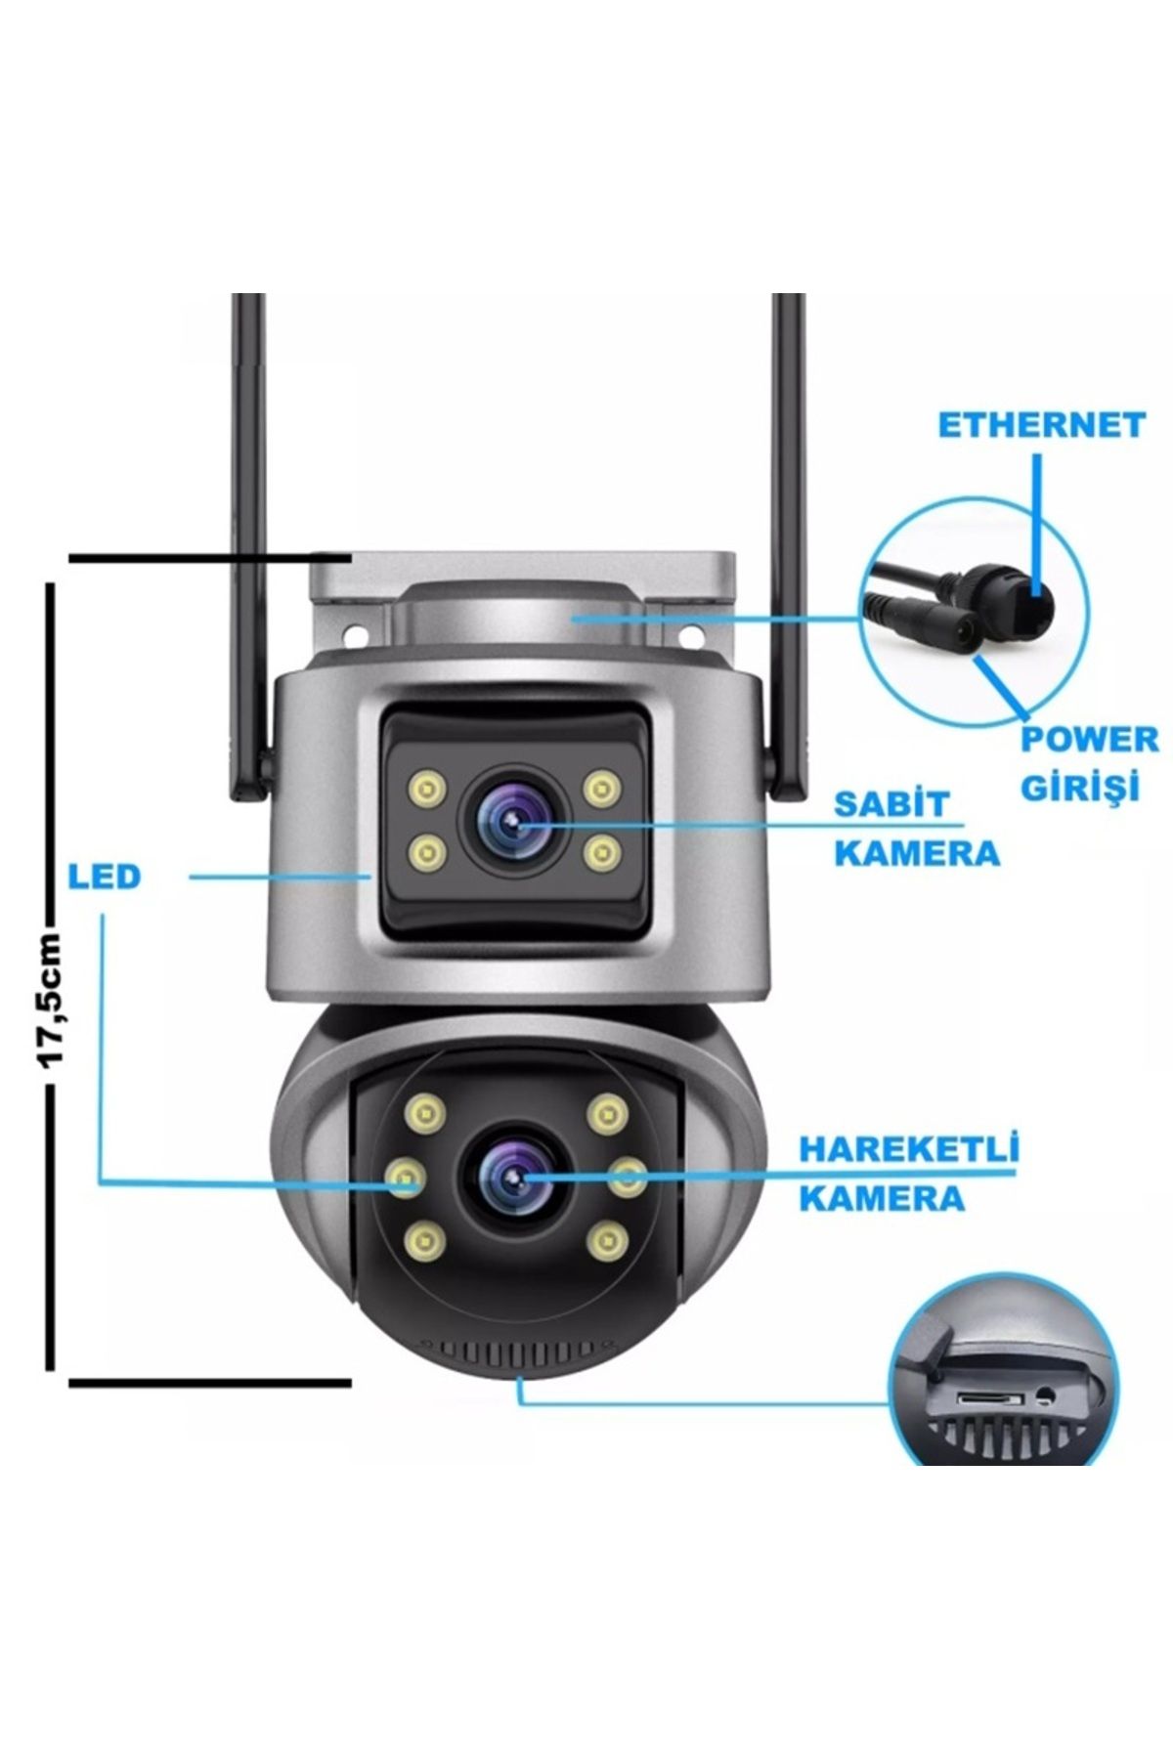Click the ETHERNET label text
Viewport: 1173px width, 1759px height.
click(1041, 425)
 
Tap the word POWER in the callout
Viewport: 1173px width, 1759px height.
click(1090, 739)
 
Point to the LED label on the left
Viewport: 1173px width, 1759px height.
click(105, 877)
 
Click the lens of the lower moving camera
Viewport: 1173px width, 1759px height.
click(514, 1178)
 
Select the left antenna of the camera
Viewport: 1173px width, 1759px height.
click(249, 547)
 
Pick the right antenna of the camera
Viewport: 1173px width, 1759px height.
click(788, 547)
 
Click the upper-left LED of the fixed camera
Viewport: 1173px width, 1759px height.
click(427, 787)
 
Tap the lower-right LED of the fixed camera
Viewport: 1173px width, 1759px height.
click(601, 853)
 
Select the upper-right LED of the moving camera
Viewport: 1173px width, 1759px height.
click(607, 1113)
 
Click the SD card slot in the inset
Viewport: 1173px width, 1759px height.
click(989, 1400)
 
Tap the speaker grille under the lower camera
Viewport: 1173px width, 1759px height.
click(520, 1351)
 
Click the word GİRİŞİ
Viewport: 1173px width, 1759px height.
click(1080, 786)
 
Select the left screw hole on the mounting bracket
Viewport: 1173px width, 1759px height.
click(355, 634)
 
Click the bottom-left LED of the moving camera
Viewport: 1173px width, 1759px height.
click(426, 1241)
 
